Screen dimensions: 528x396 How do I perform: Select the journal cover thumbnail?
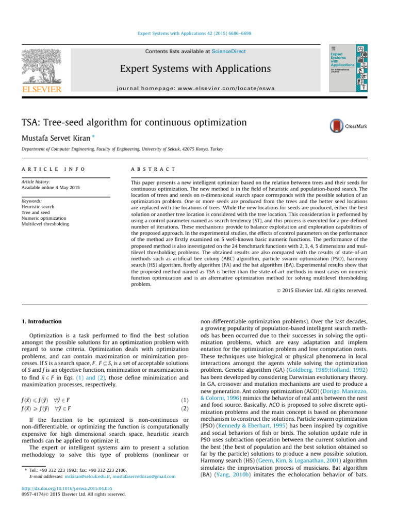pos(348,69)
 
